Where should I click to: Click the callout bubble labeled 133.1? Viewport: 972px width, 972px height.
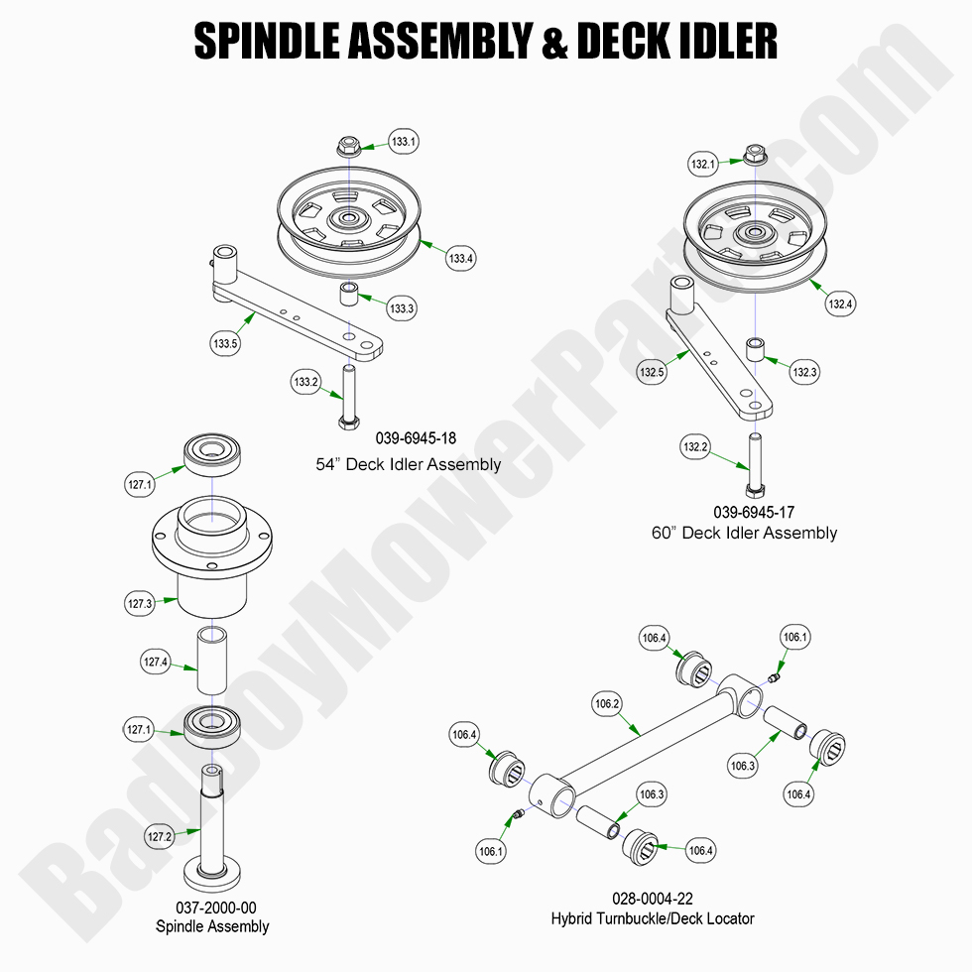pyautogui.click(x=403, y=142)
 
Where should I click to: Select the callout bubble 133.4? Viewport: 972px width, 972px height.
pyautogui.click(x=461, y=259)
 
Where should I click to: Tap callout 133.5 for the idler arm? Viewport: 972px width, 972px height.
pyautogui.click(x=225, y=345)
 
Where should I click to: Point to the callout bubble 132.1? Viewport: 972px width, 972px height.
pyautogui.click(x=702, y=164)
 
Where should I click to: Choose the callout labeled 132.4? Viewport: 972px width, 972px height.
pyautogui.click(x=839, y=304)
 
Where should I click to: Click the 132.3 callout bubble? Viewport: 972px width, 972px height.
pyautogui.click(x=804, y=372)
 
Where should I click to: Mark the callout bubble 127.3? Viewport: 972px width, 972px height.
pyautogui.click(x=140, y=602)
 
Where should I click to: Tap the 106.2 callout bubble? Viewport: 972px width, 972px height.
pyautogui.click(x=607, y=705)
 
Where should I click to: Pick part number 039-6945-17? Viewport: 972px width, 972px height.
pyautogui.click(x=753, y=512)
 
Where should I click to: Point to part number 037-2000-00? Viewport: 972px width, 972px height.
pyautogui.click(x=212, y=907)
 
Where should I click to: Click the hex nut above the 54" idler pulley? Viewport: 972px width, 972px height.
pyautogui.click(x=348, y=146)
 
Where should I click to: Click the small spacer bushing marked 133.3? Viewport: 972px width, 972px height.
pyautogui.click(x=349, y=295)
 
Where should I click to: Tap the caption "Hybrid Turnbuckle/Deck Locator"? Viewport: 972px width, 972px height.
pyautogui.click(x=652, y=918)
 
